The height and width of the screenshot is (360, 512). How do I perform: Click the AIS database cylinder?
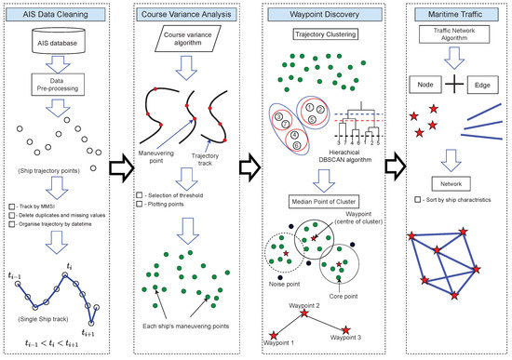[x=56, y=45]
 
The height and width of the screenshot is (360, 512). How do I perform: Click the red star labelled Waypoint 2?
[x=303, y=314]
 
